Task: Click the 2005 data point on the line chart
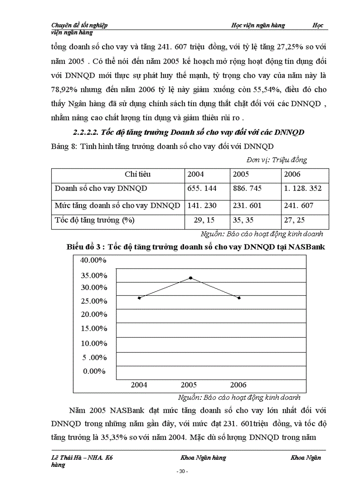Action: (191, 278)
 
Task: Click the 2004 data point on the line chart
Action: (139, 298)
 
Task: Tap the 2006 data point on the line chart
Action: (239, 298)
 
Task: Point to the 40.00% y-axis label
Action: (93, 260)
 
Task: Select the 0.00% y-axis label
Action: (95, 371)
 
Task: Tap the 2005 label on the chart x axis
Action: (189, 385)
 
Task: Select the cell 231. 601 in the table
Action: (247, 205)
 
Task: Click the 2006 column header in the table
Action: (292, 174)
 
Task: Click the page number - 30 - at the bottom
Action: (182, 472)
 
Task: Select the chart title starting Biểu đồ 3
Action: (195, 247)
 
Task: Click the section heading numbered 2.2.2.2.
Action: (189, 132)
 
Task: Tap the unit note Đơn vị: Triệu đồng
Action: (277, 160)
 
